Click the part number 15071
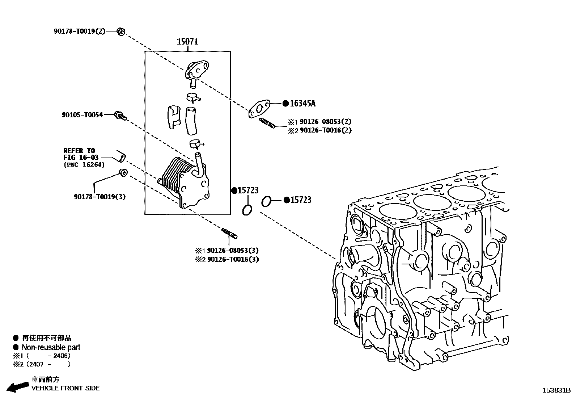(187, 41)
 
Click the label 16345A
(302, 104)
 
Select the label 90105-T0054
(82, 115)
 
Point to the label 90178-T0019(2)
(80, 31)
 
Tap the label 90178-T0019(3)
(99, 197)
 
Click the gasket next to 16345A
(259, 109)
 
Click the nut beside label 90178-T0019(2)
(121, 32)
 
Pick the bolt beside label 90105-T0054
(120, 116)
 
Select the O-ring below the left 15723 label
(247, 210)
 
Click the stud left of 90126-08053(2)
(267, 123)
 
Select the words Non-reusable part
(51, 347)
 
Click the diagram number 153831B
(556, 390)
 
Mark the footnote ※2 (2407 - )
(42, 364)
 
